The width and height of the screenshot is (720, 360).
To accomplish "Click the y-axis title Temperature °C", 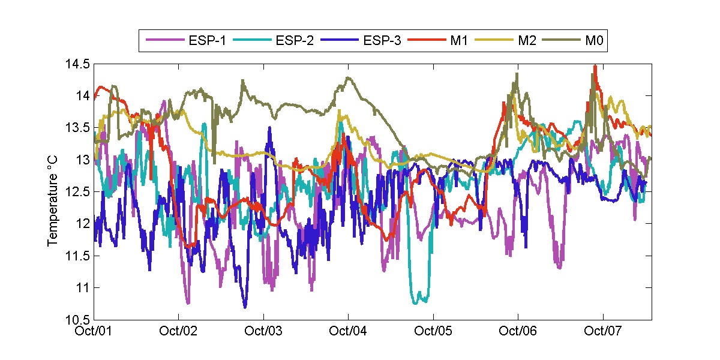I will point(53,191).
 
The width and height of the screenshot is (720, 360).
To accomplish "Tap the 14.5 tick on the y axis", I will point(77,64).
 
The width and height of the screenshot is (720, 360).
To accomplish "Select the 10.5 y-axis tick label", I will point(77,319).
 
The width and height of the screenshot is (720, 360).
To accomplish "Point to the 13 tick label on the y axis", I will point(83,160).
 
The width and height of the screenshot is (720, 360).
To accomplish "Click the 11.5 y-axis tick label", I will point(77,256).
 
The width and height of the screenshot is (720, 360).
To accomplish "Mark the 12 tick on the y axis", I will point(83,224).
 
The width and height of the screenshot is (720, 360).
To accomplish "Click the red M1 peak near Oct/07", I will point(595,66).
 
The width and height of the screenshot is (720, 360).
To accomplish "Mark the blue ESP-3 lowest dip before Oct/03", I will point(245,307).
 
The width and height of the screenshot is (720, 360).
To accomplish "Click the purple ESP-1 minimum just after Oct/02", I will point(188,303).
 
